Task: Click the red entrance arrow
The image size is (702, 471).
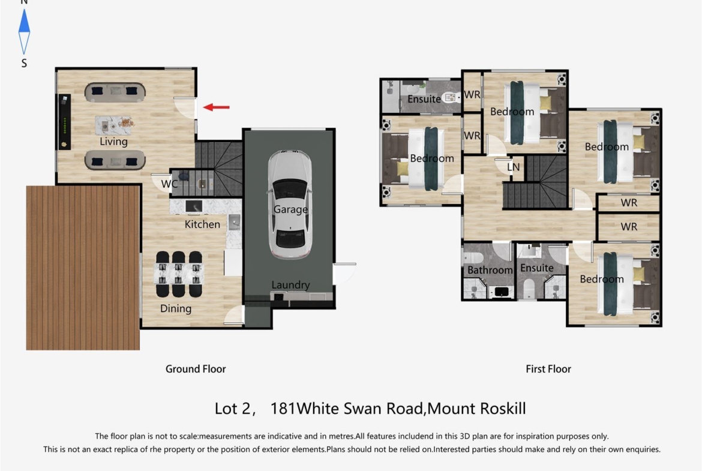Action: pos(216,107)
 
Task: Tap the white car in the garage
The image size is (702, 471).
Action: pos(290,205)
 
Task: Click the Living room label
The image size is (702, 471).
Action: pos(114,142)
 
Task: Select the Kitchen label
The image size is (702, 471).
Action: pos(202,224)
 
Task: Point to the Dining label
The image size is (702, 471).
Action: pos(175,308)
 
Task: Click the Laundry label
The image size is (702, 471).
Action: pos(290,285)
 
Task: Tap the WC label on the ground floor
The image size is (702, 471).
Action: pos(169,184)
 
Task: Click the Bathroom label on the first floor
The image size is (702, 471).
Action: pos(490,270)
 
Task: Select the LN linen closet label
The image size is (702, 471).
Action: pos(513,167)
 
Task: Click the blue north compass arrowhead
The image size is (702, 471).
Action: pos(24,21)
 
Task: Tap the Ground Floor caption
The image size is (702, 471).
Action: pos(196,369)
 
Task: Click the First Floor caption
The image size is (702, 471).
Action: pos(548,369)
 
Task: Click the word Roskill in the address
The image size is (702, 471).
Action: pos(501,409)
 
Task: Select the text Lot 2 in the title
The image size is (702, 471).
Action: pos(232,409)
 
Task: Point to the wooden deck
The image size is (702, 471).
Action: pos(83,268)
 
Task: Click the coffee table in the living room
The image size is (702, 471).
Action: pos(114,125)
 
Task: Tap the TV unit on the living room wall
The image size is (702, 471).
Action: pos(64,122)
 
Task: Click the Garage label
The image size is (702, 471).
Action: pos(290,209)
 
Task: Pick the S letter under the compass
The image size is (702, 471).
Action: pos(24,63)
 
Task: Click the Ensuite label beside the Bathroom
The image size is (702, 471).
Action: pos(537,268)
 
